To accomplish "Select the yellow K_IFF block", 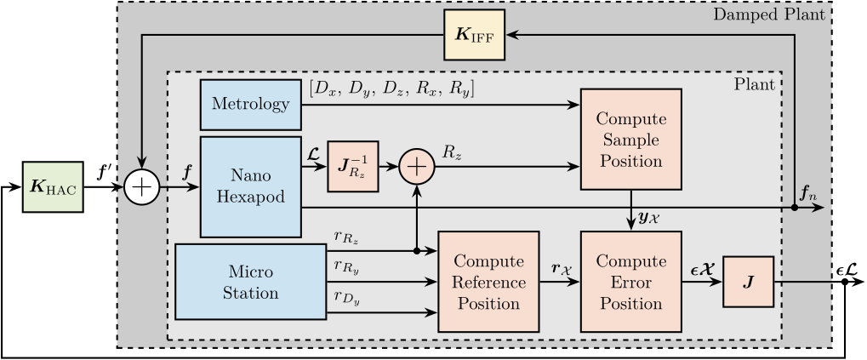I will (474, 35).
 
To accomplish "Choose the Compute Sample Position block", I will (631, 139).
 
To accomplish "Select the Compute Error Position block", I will (631, 281).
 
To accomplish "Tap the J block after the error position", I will (748, 281).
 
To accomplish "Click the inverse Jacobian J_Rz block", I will (351, 165).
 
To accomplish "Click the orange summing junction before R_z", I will (416, 165).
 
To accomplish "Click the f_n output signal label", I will (807, 193).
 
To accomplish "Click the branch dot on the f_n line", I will (793, 207).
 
